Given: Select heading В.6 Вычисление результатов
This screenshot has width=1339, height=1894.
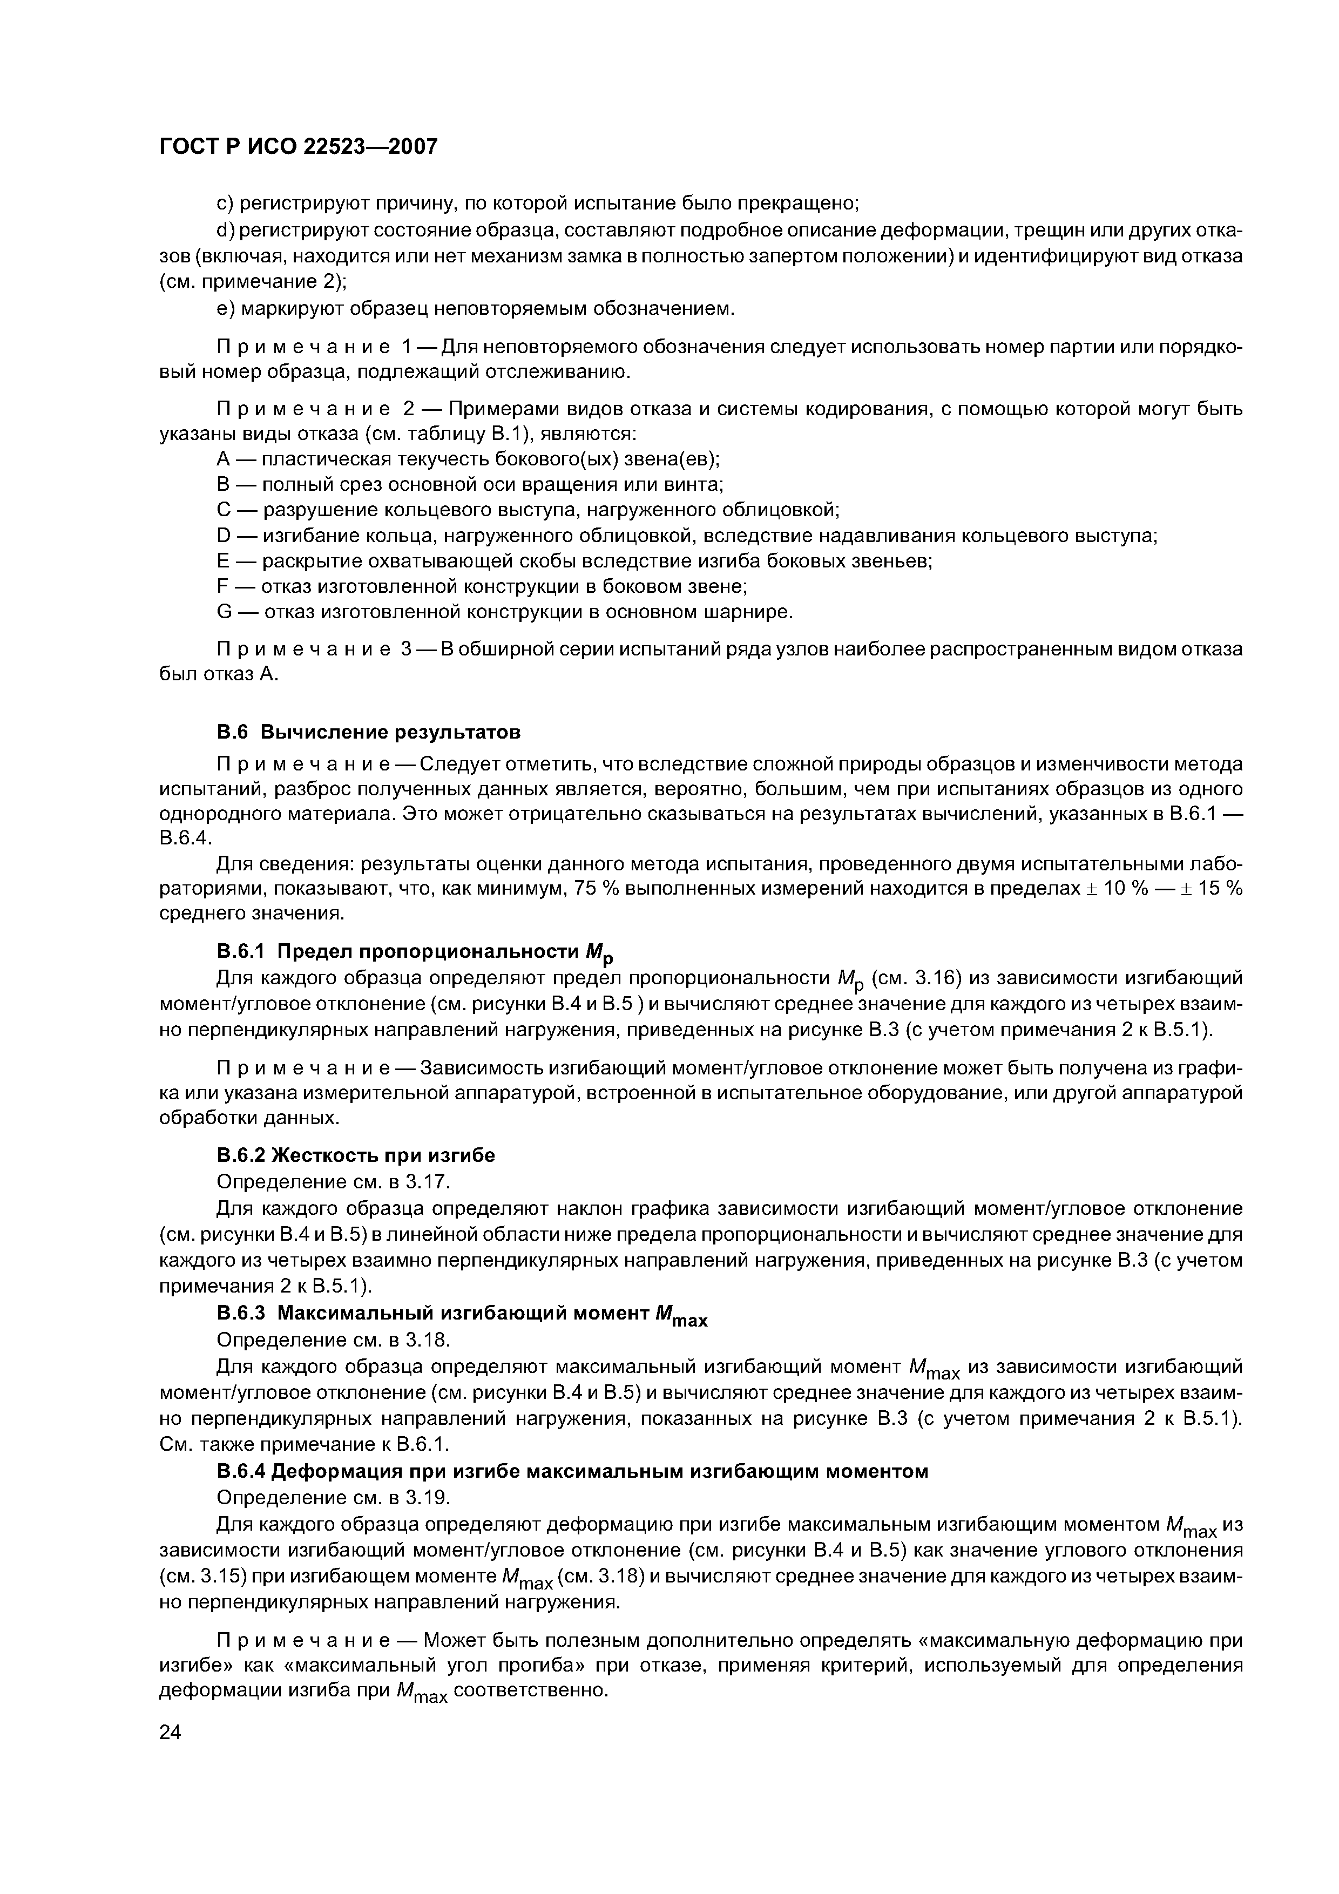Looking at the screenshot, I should (x=369, y=732).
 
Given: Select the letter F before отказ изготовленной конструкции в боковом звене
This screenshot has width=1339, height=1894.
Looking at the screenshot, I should (x=222, y=586).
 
